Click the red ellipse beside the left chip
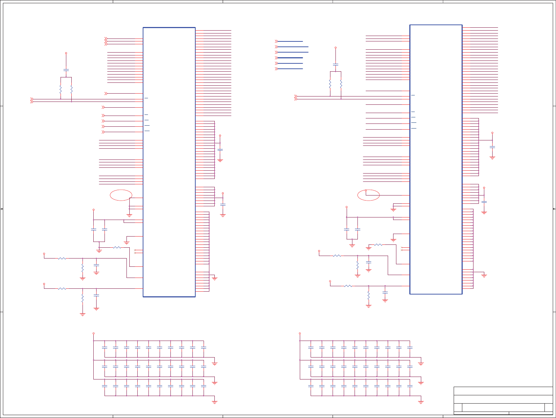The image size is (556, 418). tap(121, 195)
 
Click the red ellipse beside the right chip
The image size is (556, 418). tap(368, 195)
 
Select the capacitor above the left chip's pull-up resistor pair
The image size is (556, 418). tap(66, 70)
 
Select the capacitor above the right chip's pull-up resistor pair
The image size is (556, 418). tap(335, 64)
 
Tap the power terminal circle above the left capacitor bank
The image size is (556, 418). tap(94, 333)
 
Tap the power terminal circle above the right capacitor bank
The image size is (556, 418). tap(300, 333)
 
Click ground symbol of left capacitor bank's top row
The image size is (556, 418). tap(215, 364)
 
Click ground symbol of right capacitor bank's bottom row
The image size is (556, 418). tap(421, 402)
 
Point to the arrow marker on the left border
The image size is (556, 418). tap(2, 209)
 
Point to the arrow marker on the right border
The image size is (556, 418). tap(554, 209)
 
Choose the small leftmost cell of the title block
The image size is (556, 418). tap(458, 408)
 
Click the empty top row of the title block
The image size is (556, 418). tap(503, 391)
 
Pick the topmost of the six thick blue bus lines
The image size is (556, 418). tap(290, 41)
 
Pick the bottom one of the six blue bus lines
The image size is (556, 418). tap(290, 69)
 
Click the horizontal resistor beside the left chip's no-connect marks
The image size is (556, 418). tap(117, 247)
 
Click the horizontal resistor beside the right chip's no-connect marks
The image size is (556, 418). tap(378, 245)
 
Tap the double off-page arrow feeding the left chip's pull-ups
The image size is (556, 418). tap(32, 100)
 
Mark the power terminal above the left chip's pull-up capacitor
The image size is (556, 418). tap(66, 53)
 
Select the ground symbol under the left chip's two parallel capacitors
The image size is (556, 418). tap(99, 251)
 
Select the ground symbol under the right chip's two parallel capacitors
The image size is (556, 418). tap(352, 245)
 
